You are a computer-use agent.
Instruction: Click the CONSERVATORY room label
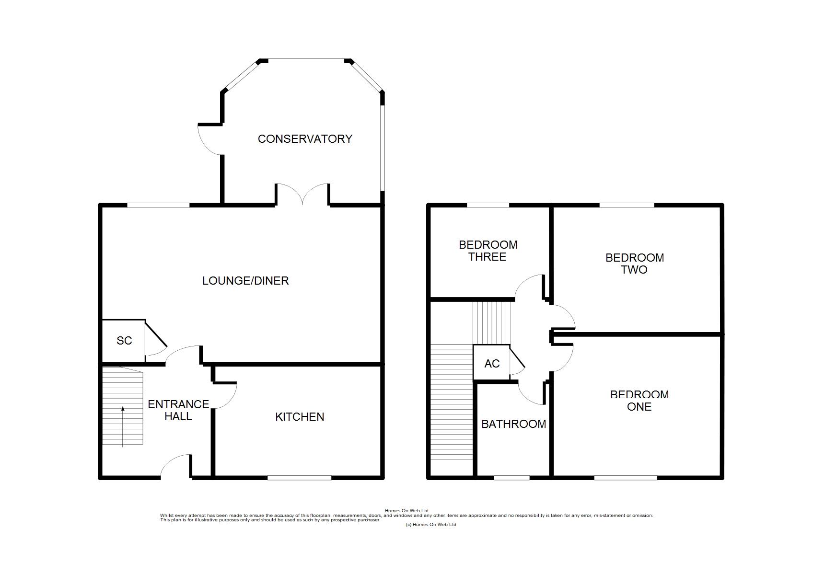(x=305, y=139)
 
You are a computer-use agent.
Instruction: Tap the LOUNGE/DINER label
(x=245, y=281)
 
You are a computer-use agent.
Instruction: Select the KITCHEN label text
(x=300, y=417)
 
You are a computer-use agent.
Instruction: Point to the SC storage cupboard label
(x=124, y=341)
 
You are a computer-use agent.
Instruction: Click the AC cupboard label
(x=492, y=364)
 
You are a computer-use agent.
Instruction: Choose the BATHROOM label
(x=513, y=424)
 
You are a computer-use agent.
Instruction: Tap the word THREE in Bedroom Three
(x=487, y=257)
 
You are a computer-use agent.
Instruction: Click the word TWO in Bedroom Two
(x=634, y=270)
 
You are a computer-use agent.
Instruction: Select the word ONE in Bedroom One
(x=639, y=407)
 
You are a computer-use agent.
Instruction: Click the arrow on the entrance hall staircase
(x=123, y=426)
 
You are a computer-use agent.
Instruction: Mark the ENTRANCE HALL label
(x=178, y=410)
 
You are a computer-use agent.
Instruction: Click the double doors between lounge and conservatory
(x=302, y=195)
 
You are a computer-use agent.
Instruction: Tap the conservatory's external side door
(x=210, y=139)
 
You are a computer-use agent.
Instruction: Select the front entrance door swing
(x=175, y=467)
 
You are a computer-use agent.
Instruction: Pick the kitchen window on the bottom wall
(x=300, y=478)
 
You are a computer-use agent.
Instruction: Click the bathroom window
(x=512, y=478)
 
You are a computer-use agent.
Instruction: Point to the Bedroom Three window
(x=488, y=206)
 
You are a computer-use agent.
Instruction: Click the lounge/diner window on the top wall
(x=158, y=206)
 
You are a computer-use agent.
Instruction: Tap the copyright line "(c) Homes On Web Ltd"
(x=431, y=525)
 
